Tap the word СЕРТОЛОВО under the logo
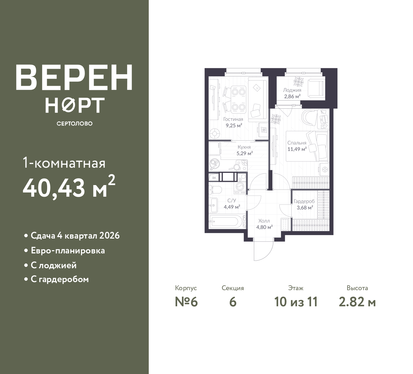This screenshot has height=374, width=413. (x=75, y=123)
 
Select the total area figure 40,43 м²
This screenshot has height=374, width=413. (x=69, y=187)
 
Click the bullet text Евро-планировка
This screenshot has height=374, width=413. (x=68, y=251)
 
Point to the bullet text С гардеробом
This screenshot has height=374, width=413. (x=60, y=279)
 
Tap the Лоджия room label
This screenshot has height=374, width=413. (x=292, y=90)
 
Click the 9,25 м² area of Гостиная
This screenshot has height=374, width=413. (x=234, y=125)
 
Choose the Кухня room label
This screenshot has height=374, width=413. (x=244, y=147)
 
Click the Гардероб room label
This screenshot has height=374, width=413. (x=304, y=202)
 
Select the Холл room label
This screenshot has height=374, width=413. (x=264, y=221)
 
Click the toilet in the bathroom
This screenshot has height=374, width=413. (x=215, y=189)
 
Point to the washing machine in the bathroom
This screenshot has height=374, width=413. (x=240, y=187)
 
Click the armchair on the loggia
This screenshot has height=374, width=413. (x=316, y=88)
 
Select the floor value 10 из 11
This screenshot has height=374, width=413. (x=296, y=302)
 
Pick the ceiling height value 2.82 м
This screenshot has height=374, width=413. (x=357, y=302)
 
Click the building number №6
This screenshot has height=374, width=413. (x=186, y=302)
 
